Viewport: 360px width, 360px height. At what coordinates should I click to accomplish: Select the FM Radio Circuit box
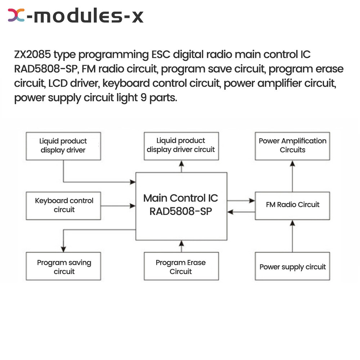292,206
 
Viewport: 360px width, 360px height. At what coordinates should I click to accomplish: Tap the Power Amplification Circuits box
292,146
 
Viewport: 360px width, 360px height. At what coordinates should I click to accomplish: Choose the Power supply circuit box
292,267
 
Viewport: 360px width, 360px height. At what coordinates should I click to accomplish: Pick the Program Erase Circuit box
181,267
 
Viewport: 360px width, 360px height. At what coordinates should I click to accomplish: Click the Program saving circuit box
63,267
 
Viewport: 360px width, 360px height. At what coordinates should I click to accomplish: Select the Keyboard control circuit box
63,206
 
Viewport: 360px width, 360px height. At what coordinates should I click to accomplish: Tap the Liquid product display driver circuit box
181,146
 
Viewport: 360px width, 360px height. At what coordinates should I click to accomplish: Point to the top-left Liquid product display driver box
63,146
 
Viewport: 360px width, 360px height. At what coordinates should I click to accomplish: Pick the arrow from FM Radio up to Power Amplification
292,176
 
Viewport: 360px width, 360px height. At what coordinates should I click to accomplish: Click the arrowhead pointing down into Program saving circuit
63,248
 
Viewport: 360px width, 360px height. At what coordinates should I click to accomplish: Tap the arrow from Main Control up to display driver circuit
181,166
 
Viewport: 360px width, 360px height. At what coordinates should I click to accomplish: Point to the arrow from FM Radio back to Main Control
241,212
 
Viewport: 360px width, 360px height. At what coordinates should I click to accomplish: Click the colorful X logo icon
17,16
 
